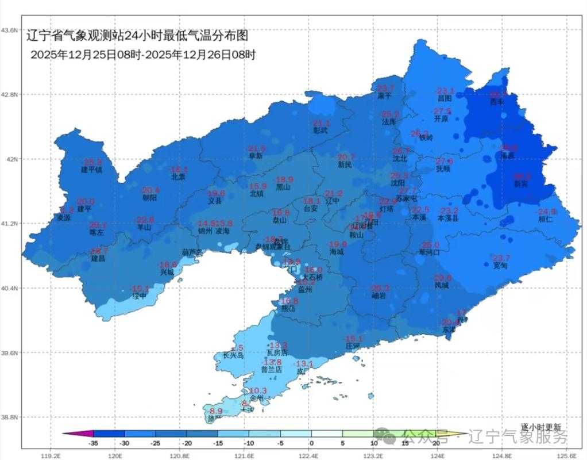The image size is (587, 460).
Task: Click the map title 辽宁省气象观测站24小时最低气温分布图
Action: point(138,36)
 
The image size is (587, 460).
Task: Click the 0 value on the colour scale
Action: point(311,443)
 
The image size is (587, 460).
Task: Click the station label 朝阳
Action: point(150,197)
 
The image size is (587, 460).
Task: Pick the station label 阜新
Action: point(256,156)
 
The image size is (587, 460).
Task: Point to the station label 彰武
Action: point(320,131)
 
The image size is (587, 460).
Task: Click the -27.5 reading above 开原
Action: point(442,111)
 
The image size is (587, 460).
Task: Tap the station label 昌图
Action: point(445,98)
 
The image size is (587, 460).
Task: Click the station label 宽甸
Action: point(500,265)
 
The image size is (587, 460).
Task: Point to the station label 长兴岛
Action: point(229,356)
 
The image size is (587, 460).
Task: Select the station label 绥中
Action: point(140,296)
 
